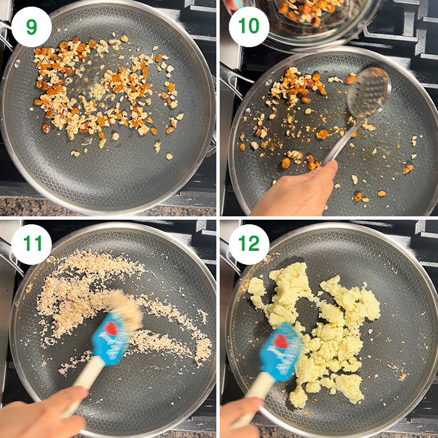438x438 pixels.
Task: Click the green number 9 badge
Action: click(31, 27)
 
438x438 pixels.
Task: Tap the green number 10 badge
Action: click(249, 27)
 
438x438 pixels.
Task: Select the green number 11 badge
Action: click(31, 244)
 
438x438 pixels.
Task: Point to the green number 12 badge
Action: click(249, 244)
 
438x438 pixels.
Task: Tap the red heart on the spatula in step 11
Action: click(111, 328)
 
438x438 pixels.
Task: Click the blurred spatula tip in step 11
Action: click(125, 307)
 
